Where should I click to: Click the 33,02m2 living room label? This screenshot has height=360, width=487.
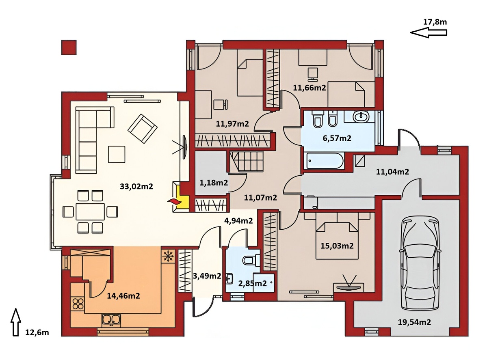[x=136, y=187]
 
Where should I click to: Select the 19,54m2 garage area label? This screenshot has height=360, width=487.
[x=414, y=322]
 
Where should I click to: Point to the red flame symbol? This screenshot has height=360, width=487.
[x=174, y=201]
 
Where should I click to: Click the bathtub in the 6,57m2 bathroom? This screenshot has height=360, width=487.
[x=324, y=161]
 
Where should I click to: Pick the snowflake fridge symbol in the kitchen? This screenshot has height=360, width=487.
[x=168, y=256]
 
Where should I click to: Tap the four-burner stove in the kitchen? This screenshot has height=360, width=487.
[x=78, y=304]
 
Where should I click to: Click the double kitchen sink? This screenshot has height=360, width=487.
[x=111, y=319]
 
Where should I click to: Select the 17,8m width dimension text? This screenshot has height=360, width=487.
[x=435, y=22]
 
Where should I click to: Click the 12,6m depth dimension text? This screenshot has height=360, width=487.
[x=37, y=333]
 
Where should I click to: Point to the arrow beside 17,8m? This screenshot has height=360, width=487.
[x=429, y=32]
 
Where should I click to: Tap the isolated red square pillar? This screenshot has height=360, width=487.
[x=69, y=47]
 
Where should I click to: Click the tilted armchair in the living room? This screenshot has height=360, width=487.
[x=142, y=129]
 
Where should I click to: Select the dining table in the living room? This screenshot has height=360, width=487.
[x=90, y=211]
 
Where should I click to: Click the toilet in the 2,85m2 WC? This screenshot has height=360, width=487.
[x=251, y=259]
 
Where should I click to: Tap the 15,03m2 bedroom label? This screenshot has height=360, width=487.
[x=337, y=246]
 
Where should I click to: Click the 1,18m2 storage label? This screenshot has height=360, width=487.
[x=214, y=183]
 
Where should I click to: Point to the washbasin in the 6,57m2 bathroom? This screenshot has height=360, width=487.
[x=361, y=116]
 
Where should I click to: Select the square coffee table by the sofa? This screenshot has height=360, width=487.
[x=117, y=154]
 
